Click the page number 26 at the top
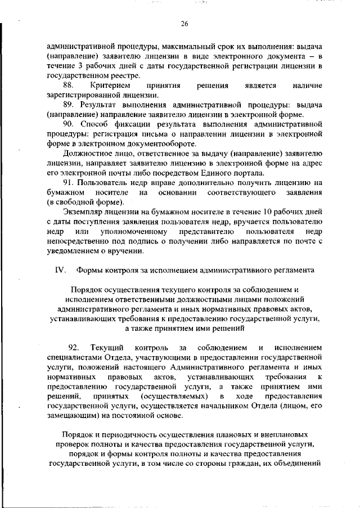coord(184,23)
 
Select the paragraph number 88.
coord(69,86)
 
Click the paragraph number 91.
coord(69,183)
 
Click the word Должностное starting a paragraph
coord(88,154)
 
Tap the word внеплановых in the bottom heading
coord(281,435)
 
